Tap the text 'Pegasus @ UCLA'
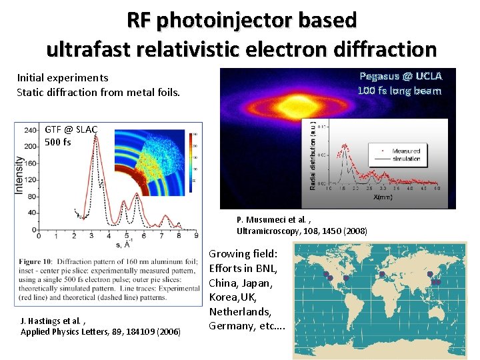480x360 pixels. pos(400,76)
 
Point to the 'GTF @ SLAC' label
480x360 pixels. pos(71,129)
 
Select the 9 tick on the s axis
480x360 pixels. pos(195,235)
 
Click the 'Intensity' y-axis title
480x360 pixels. pos(19,175)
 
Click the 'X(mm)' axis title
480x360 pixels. pos(383,198)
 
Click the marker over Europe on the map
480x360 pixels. pos(382,274)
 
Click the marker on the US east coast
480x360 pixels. pos(346,278)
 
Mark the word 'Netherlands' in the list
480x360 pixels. pos(239,311)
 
